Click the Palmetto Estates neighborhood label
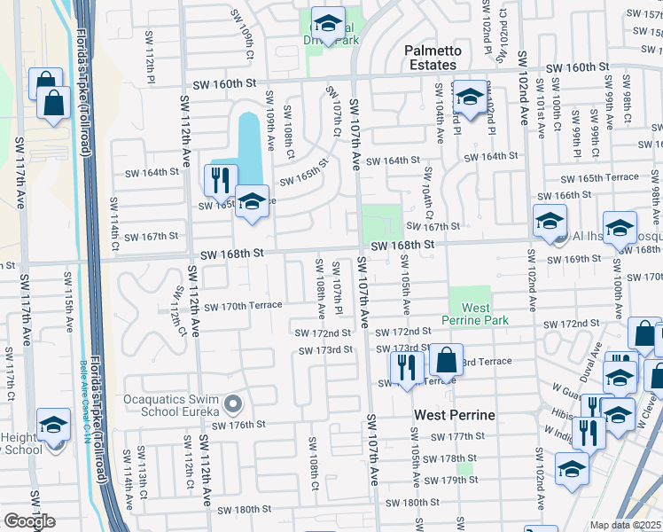tap(431, 58)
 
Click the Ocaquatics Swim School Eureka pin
tap(234, 405)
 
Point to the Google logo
tap(29, 521)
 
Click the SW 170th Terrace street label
tap(243, 306)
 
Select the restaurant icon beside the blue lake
tap(221, 180)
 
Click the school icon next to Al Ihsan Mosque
tap(549, 221)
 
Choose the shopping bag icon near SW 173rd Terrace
tap(446, 360)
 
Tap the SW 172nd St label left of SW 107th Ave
tap(324, 332)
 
